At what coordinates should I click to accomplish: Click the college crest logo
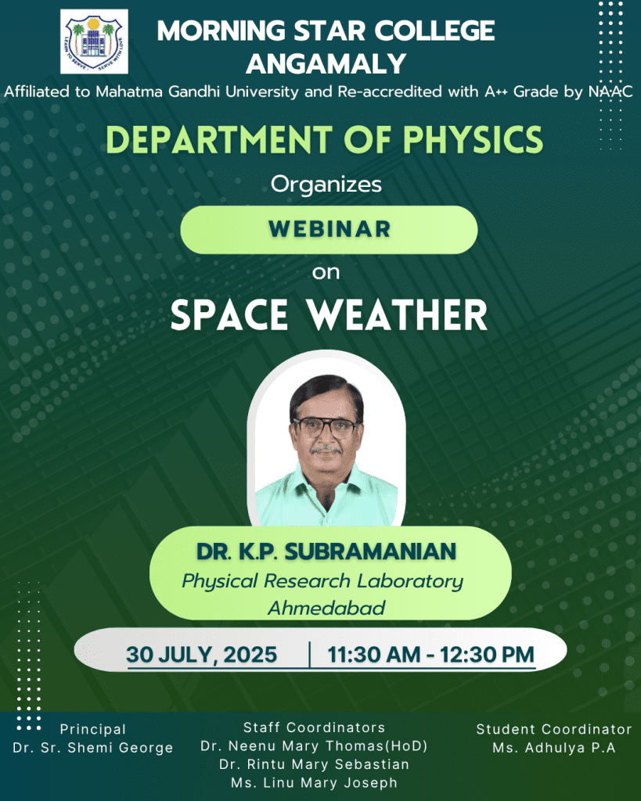point(94,41)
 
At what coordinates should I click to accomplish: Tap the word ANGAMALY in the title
point(326,64)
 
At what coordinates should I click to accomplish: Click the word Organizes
point(326,185)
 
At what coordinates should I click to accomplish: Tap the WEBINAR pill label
point(330,229)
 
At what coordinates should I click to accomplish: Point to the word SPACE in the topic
point(229,315)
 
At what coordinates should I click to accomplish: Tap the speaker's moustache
point(326,450)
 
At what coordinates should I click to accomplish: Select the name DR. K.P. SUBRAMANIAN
point(326,551)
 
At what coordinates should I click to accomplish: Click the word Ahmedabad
point(326,608)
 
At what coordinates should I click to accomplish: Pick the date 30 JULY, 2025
point(201,655)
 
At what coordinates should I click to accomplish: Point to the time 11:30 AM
point(373,655)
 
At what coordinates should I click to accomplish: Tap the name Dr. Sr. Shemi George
point(93,748)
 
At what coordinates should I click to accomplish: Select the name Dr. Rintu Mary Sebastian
point(315,765)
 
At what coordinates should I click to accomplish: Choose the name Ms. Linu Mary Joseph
point(315,782)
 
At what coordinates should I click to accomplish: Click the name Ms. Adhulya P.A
point(554,748)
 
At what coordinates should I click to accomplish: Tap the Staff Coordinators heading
point(315,727)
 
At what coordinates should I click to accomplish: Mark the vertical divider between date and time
point(309,655)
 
